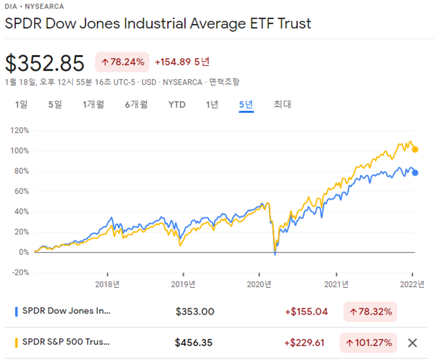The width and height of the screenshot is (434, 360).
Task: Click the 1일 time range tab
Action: click(21, 104)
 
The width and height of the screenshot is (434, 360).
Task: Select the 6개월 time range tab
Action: click(136, 104)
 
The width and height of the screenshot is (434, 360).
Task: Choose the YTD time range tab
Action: click(177, 104)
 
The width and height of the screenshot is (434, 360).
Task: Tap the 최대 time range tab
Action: click(282, 104)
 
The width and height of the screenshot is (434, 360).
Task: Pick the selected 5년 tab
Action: click(246, 104)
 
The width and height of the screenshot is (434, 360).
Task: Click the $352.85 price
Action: click(45, 63)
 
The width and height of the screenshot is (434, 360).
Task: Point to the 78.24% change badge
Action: click(123, 62)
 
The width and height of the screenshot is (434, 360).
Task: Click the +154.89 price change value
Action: click(173, 62)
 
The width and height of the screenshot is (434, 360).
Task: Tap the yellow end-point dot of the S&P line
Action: click(415, 149)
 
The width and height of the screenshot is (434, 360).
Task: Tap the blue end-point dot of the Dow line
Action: click(415, 173)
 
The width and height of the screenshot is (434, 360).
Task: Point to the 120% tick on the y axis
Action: click(19, 131)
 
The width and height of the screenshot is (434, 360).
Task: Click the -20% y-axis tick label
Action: click(20, 273)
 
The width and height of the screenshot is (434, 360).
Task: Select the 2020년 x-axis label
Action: click(259, 284)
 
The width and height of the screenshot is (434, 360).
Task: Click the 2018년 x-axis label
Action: click(107, 284)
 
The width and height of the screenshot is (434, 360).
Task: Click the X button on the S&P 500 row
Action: click(413, 343)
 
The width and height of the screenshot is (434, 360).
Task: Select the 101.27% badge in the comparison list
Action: click(368, 343)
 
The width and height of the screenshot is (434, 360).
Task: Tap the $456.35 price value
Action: click(193, 343)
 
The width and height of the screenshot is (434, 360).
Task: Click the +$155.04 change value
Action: click(306, 312)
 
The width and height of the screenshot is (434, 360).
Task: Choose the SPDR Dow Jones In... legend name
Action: click(66, 312)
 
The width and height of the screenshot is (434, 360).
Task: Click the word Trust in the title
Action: click(293, 24)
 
